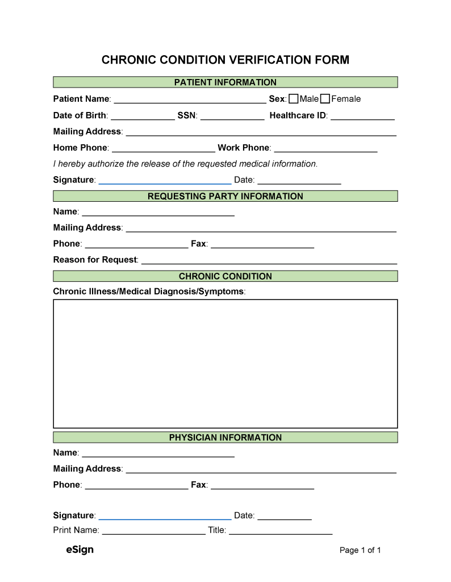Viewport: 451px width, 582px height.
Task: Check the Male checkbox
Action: point(294,99)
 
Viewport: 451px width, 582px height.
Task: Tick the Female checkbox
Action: point(325,99)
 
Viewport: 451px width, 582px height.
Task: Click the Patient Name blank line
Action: point(190,100)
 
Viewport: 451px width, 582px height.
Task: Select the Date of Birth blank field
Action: point(142,116)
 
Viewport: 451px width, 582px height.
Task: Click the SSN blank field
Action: point(232,116)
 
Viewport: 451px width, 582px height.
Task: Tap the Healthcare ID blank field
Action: point(362,116)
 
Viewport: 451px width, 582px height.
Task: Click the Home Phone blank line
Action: point(164,148)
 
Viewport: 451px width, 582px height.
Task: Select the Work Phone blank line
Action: point(325,148)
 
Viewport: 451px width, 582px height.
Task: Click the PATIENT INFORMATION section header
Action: point(225,82)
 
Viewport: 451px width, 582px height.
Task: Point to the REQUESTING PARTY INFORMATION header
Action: point(225,197)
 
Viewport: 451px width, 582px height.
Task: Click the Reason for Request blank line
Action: point(269,260)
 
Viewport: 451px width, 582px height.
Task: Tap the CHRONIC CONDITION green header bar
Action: point(225,276)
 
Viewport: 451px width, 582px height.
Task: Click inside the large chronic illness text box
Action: point(225,364)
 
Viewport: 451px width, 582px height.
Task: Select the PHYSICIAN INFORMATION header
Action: point(225,438)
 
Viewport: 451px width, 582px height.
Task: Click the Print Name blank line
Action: point(154,531)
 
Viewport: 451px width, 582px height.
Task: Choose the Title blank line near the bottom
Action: point(281,531)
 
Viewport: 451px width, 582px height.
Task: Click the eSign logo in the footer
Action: point(80,550)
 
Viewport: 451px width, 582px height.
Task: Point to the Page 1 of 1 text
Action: point(360,550)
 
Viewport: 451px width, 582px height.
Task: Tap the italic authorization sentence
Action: point(185,164)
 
